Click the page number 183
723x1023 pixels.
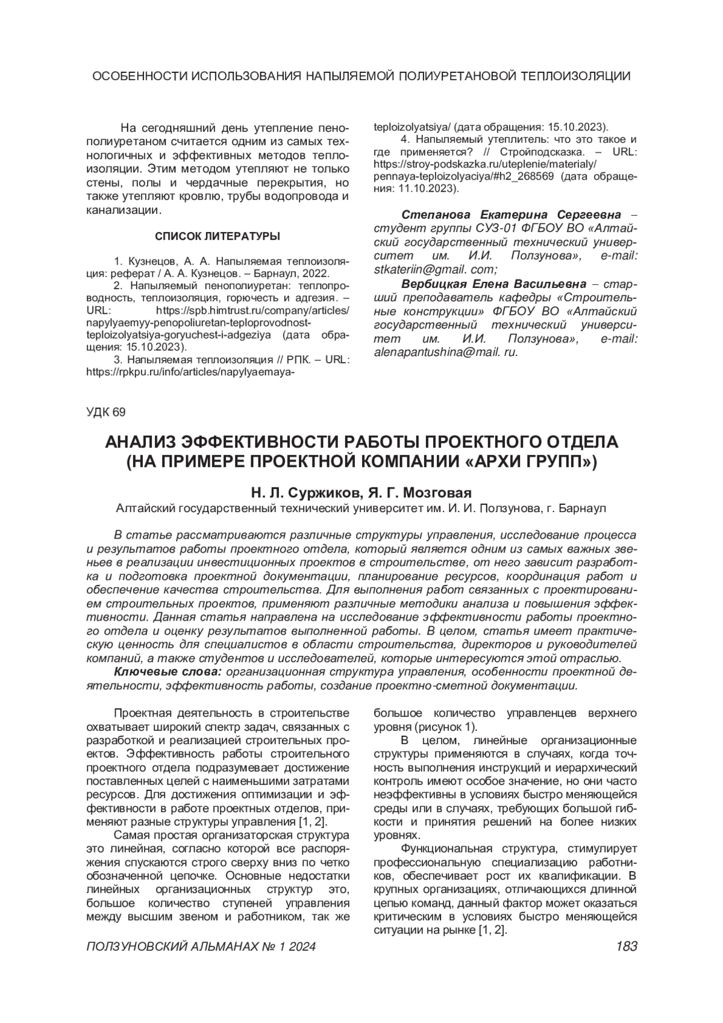click(627, 947)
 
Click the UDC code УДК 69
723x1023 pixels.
click(106, 412)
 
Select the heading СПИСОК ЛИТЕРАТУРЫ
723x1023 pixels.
click(218, 236)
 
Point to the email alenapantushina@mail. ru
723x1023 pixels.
click(446, 352)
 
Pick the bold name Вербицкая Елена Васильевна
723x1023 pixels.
click(493, 283)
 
